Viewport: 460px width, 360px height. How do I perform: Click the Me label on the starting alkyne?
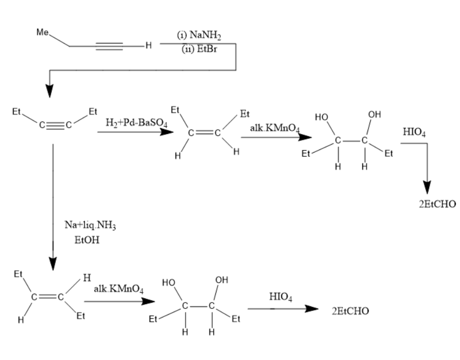tap(42, 32)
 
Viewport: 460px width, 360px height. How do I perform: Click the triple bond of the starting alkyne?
tap(110, 47)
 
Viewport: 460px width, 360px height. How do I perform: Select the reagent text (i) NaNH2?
tap(198, 35)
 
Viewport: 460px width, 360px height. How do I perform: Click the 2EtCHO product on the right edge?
tap(437, 205)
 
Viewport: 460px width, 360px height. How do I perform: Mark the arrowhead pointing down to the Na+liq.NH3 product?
tap(52, 263)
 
